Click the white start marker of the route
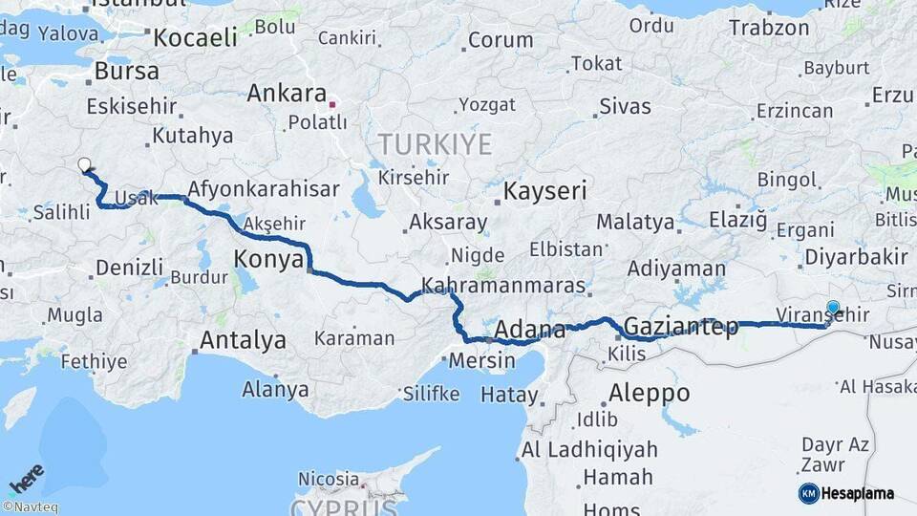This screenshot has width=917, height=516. click(85, 164)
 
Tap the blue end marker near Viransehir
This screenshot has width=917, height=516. click(833, 308)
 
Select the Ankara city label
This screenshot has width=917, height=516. click(287, 94)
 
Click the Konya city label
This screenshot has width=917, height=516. click(268, 259)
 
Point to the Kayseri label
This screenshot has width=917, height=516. click(544, 190)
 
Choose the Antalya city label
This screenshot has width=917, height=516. click(243, 339)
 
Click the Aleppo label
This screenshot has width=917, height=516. click(649, 393)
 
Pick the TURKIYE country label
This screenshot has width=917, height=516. click(435, 145)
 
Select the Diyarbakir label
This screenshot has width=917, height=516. click(856, 256)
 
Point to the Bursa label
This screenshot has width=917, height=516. click(126, 72)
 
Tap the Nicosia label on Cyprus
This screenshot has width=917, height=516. click(328, 478)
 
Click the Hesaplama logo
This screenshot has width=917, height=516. click(846, 493)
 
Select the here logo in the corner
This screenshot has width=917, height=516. click(26, 479)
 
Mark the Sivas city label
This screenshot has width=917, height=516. click(626, 106)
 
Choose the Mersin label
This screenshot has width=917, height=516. click(475, 363)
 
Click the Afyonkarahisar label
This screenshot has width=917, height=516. click(264, 189)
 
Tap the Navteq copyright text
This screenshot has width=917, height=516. click(30, 507)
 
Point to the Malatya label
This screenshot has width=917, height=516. click(635, 223)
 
